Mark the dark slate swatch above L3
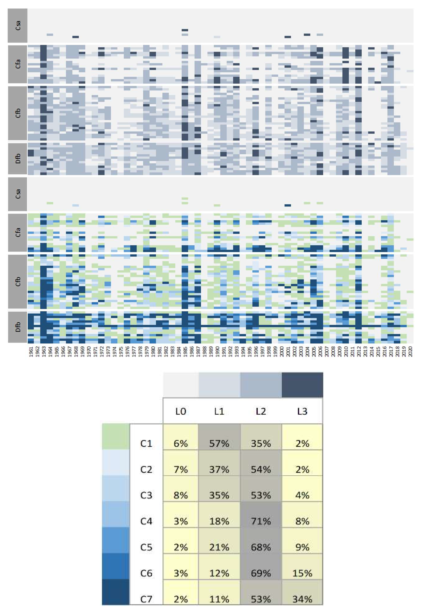(x=302, y=385)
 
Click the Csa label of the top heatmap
(x=18, y=25)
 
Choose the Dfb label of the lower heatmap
(x=18, y=327)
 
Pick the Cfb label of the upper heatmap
(x=18, y=113)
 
